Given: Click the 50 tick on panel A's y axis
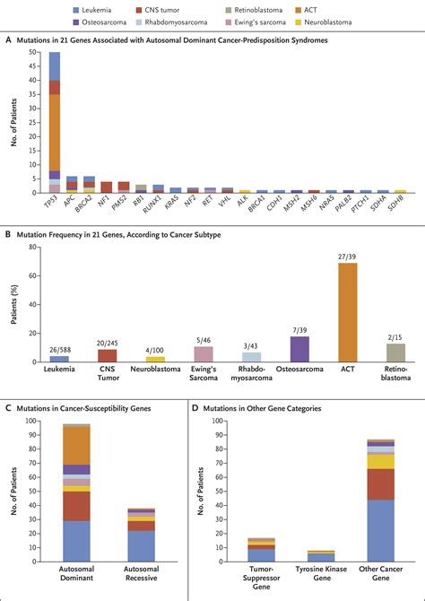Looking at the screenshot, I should point(33,53).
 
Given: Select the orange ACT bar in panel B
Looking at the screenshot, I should point(346,309).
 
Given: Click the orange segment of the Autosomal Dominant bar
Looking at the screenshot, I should point(76,445).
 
